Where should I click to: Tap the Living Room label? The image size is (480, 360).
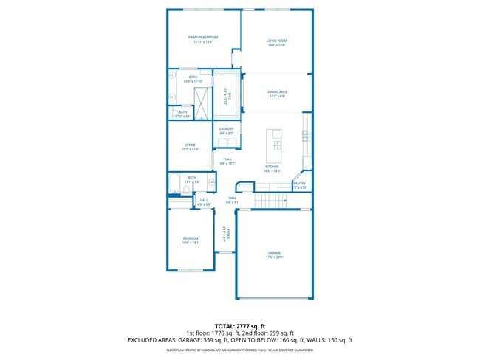tap(276, 40)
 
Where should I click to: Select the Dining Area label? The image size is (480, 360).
tap(276, 92)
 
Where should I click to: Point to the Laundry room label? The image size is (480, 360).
tap(226, 128)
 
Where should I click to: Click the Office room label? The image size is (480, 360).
tap(191, 145)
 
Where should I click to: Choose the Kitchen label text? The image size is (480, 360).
tap(272, 167)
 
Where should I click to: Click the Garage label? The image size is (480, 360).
tap(274, 252)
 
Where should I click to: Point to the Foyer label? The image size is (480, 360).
tap(229, 234)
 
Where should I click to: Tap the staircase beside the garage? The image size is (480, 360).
tap(271, 201)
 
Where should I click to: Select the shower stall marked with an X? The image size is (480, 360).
tap(200, 99)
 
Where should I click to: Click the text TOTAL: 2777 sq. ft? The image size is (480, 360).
tap(239, 325)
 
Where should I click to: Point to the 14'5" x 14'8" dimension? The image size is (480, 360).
tap(276, 45)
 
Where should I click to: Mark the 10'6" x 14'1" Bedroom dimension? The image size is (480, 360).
tap(191, 242)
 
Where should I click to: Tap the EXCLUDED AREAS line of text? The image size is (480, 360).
tap(239, 339)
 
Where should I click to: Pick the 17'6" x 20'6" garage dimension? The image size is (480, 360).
tap(274, 257)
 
